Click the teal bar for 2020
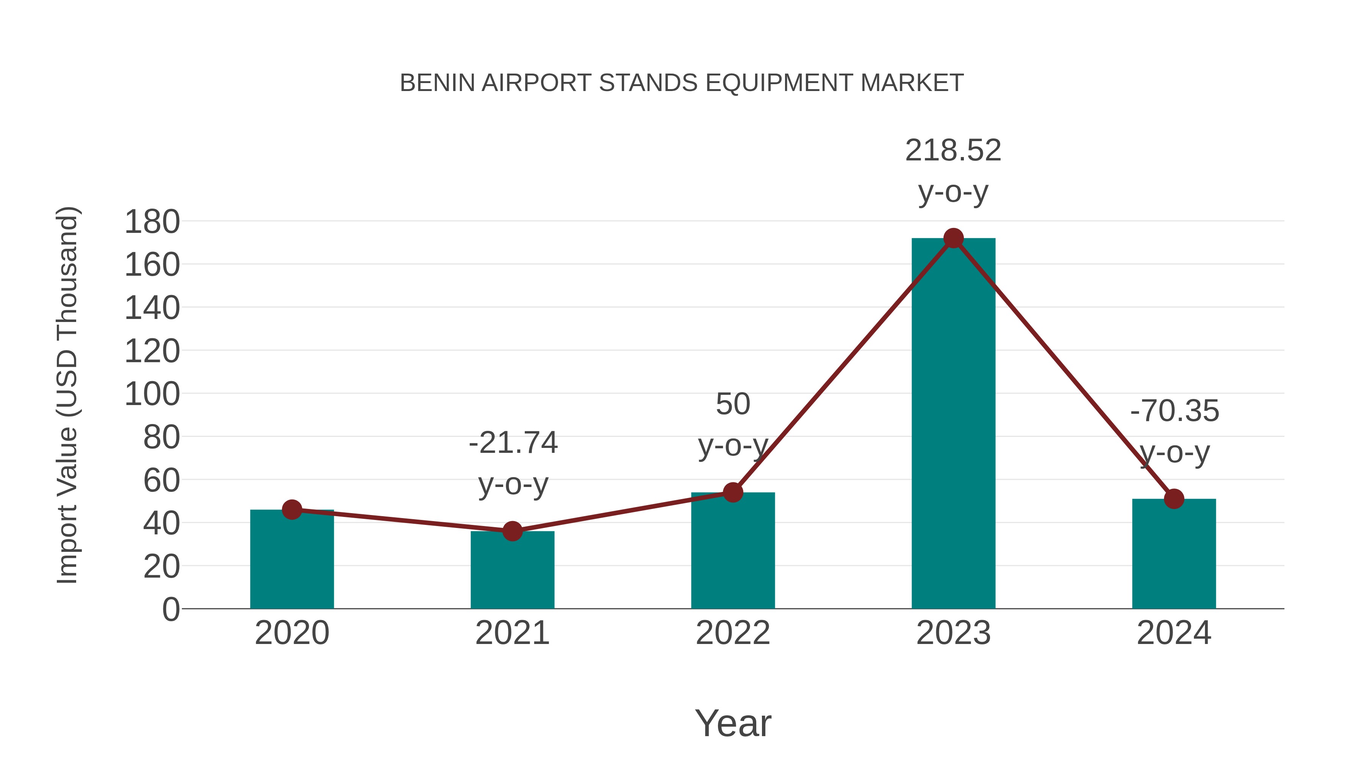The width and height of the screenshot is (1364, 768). [x=292, y=562]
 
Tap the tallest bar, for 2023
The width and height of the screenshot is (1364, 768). [x=953, y=424]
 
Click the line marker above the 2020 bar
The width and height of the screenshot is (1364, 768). [x=292, y=510]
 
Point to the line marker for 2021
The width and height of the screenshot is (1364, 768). [x=512, y=531]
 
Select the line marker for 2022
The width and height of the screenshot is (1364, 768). [x=733, y=492]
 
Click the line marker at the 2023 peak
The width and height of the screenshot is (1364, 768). [x=953, y=239]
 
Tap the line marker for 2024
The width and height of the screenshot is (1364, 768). [x=1173, y=499]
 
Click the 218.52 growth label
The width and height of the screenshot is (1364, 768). [x=953, y=151]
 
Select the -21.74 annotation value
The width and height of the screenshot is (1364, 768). [x=513, y=443]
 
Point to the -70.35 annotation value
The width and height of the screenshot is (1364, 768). [x=1175, y=411]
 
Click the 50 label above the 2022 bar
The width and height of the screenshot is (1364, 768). [x=733, y=404]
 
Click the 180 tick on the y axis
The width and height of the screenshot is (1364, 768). [x=152, y=221]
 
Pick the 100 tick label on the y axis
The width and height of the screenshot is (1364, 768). [x=152, y=394]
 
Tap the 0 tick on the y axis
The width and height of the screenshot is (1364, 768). [x=170, y=609]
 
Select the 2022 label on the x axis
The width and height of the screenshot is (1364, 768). [x=733, y=633]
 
